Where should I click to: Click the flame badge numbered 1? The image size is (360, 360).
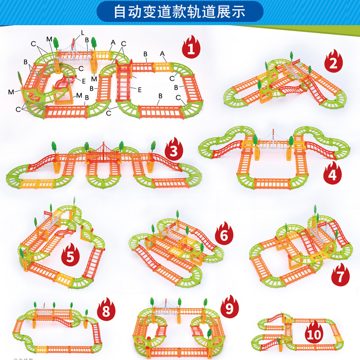(x=191, y=47)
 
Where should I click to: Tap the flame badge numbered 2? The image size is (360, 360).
(x=333, y=63)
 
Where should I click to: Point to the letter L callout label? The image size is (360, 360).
(x=82, y=32)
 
